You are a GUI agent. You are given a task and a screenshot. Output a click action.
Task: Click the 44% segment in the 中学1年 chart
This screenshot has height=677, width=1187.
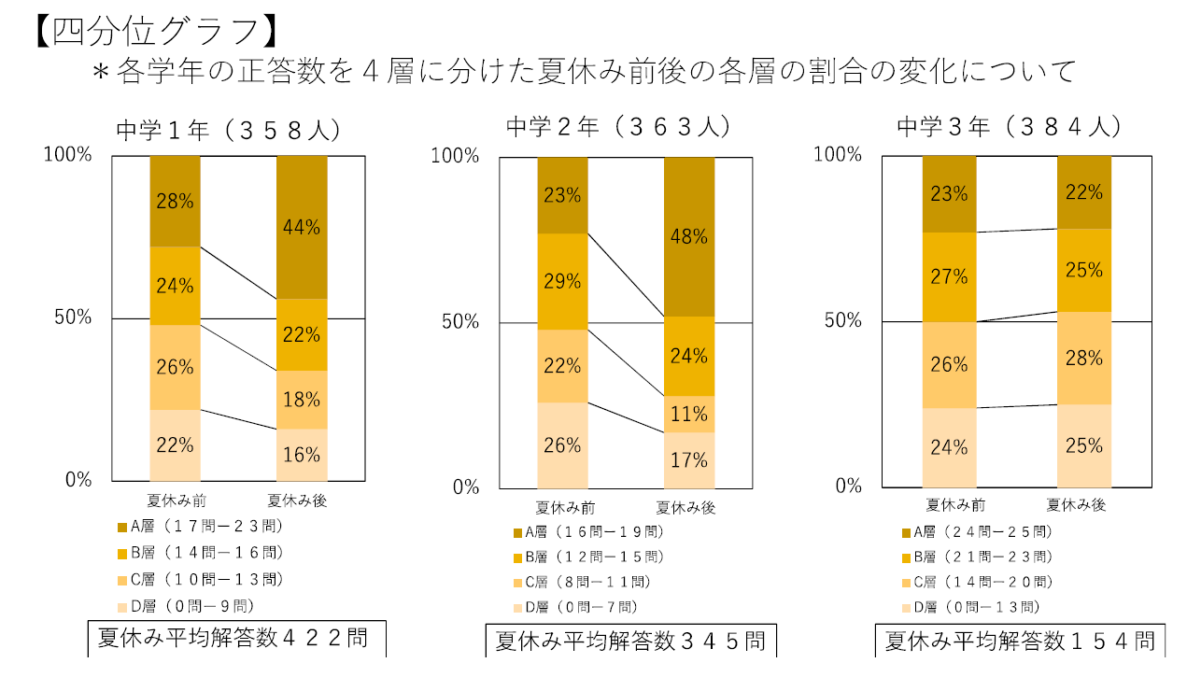(302, 227)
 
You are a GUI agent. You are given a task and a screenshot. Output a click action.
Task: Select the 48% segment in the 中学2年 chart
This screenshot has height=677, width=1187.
(688, 237)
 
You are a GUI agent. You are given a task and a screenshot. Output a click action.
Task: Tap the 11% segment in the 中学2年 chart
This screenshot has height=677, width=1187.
(688, 414)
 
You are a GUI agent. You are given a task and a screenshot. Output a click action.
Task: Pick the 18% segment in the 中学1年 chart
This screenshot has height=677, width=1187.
(302, 400)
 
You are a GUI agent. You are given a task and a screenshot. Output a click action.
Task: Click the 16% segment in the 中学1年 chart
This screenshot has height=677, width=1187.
(302, 455)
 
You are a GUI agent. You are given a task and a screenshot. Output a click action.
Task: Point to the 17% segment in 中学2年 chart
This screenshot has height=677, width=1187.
(688, 460)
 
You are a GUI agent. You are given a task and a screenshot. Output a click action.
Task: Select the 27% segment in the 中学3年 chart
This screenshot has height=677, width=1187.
(948, 276)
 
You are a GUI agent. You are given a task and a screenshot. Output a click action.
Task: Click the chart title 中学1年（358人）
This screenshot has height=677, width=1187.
(227, 131)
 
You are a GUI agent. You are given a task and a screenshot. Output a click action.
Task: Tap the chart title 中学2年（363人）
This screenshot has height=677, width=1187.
(617, 127)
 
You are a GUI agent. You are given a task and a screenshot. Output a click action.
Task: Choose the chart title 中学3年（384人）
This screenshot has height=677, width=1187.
(1009, 127)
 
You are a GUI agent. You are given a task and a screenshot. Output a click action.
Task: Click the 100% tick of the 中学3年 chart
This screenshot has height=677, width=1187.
(838, 154)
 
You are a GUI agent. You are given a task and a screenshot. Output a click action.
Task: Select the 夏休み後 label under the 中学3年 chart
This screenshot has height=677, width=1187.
(1076, 505)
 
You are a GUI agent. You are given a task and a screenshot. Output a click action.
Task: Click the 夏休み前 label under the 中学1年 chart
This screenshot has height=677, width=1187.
(176, 501)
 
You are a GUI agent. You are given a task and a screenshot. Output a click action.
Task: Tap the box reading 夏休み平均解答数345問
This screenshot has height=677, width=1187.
(630, 642)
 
